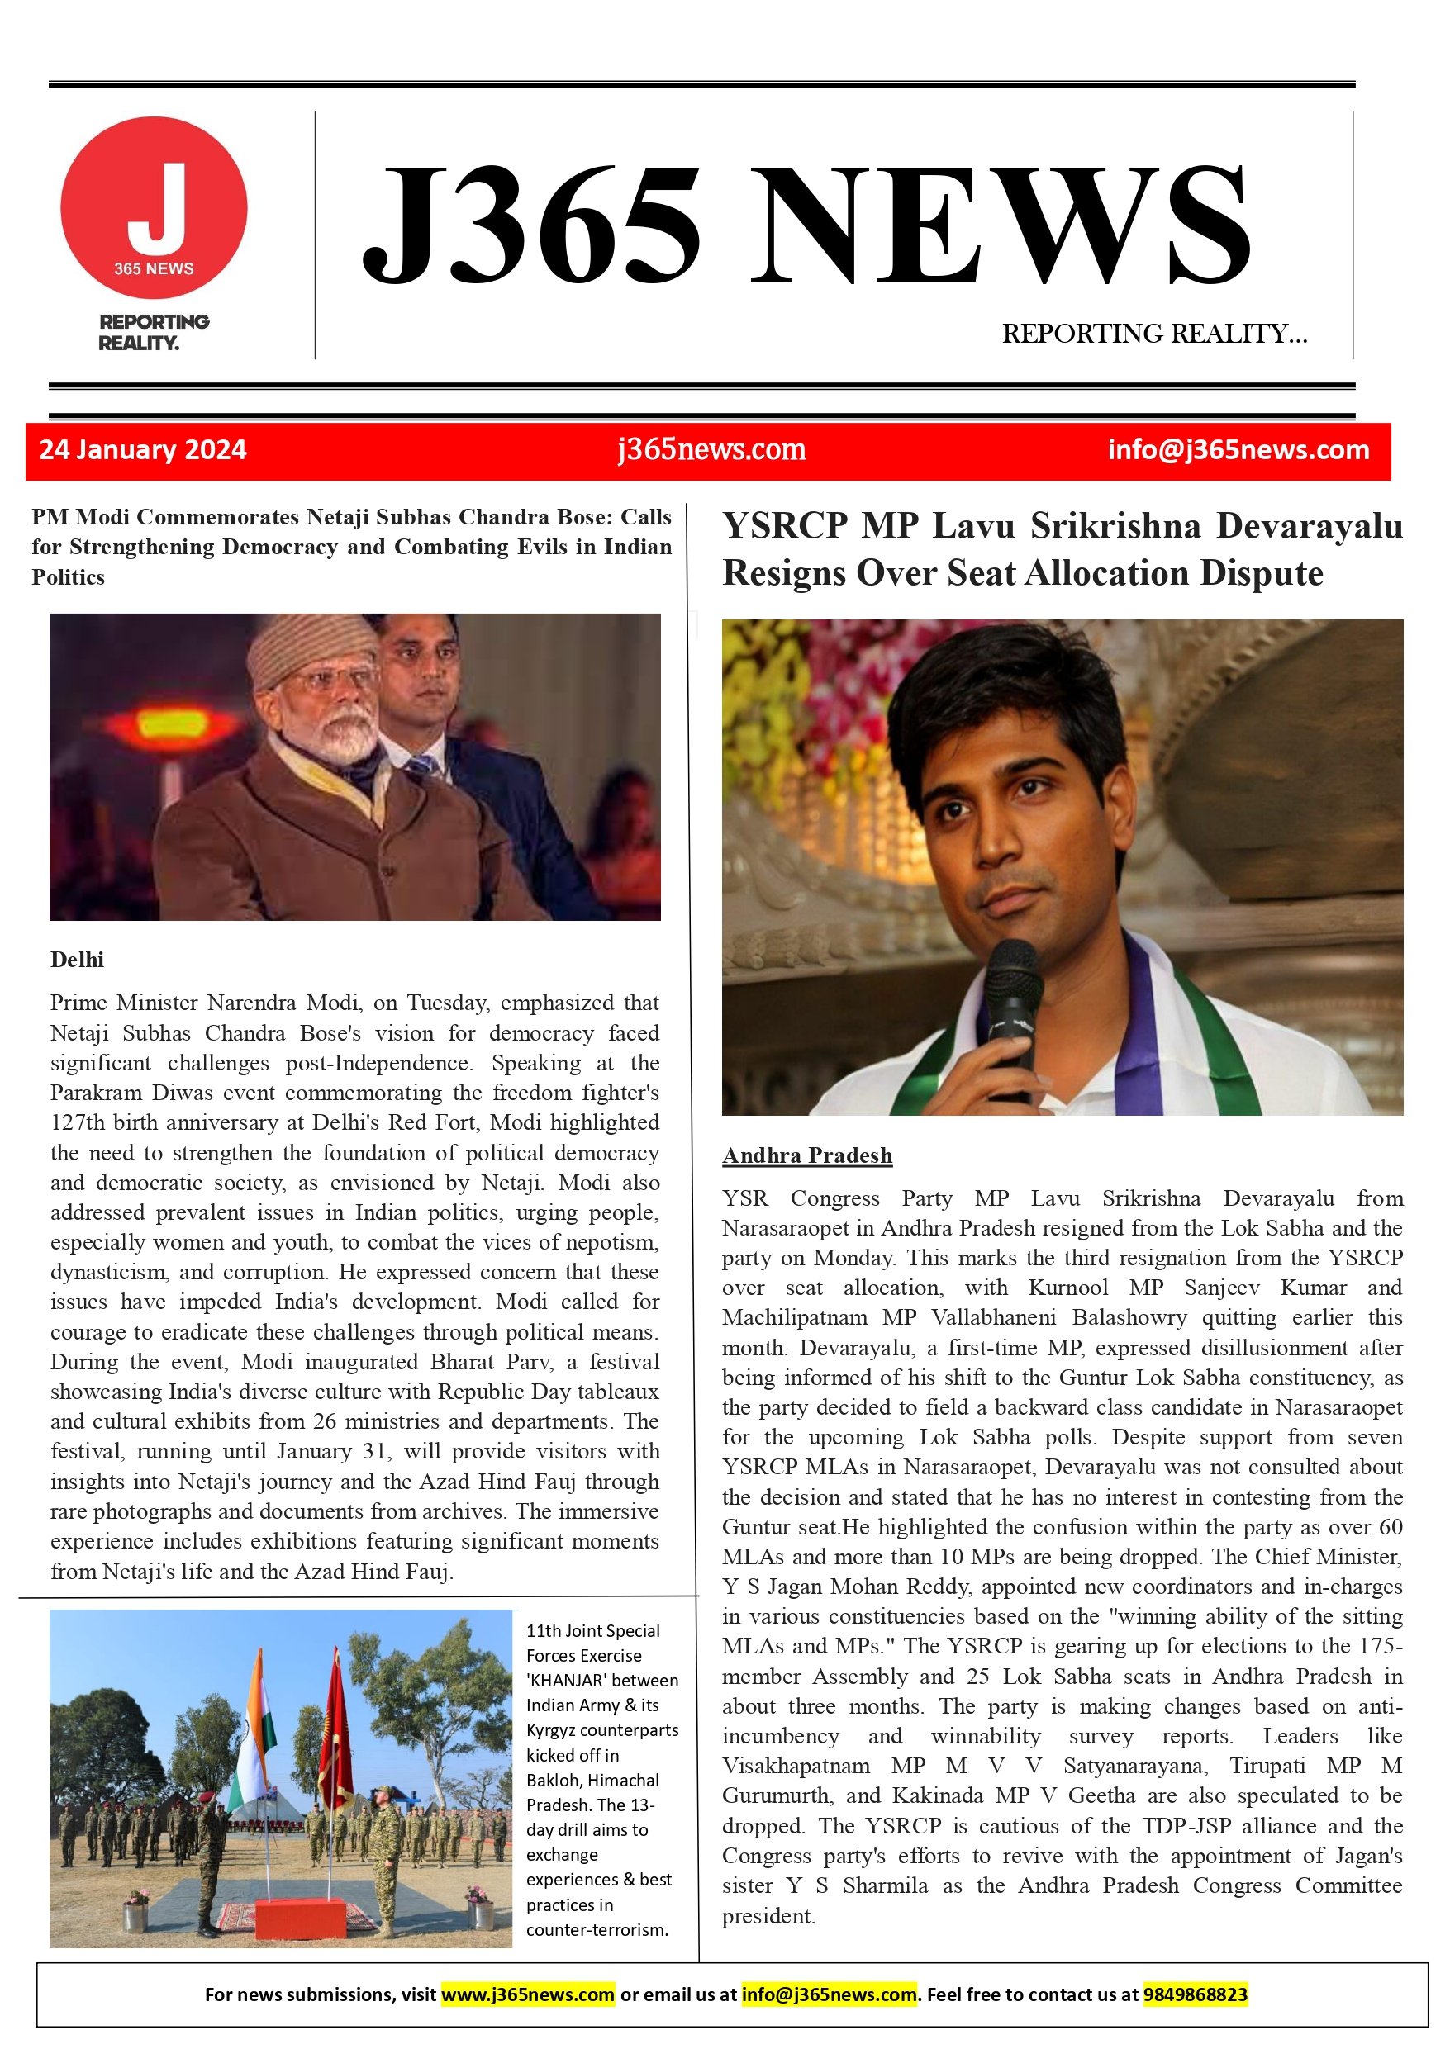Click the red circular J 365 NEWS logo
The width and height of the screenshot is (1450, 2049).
(154, 208)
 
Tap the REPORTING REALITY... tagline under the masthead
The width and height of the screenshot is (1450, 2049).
(1153, 334)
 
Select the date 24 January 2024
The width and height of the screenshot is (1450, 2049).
(143, 450)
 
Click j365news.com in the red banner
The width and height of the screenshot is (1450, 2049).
(711, 450)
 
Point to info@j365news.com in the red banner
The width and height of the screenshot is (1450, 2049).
(1238, 450)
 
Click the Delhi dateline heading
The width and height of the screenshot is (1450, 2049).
(77, 960)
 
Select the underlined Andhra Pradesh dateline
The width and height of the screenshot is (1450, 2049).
(806, 1155)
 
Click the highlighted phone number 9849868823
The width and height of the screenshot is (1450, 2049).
(1195, 1994)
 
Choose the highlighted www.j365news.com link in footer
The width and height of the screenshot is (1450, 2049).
(528, 1994)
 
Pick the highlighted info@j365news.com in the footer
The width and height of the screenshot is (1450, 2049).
(829, 1994)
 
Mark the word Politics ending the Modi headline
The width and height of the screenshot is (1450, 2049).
(69, 577)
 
